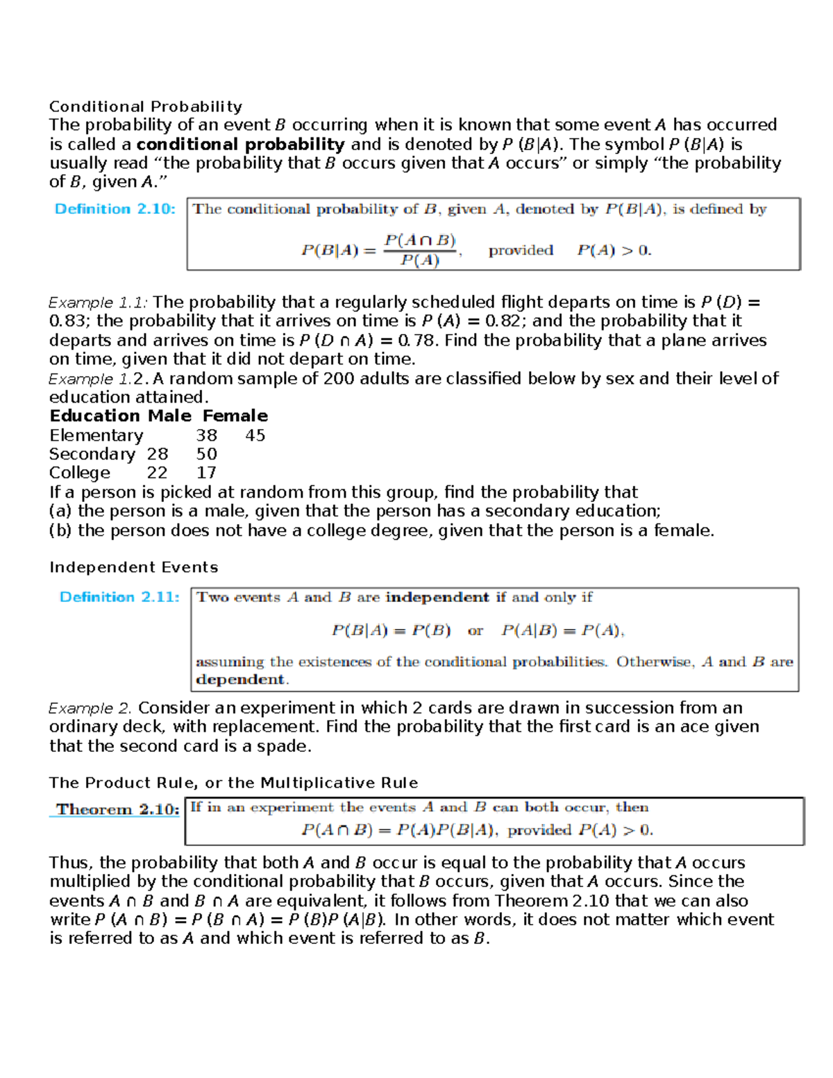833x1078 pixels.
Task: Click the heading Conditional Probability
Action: [146, 107]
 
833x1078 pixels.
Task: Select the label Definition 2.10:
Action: [115, 209]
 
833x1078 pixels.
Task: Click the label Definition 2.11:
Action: [119, 597]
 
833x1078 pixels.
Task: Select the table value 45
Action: [255, 436]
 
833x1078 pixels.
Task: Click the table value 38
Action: [206, 436]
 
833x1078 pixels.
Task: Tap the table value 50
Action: [206, 455]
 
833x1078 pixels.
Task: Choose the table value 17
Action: [206, 473]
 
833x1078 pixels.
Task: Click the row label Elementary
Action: [96, 436]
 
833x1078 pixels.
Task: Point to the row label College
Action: [79, 473]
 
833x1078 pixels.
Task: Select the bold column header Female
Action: [235, 416]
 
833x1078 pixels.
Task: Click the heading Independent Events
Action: [133, 568]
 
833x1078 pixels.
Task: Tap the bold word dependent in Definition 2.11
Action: [240, 680]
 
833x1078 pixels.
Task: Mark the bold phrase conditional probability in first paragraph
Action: [240, 144]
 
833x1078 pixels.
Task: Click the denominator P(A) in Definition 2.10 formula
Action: [420, 261]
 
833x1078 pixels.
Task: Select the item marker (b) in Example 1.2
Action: [60, 531]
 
